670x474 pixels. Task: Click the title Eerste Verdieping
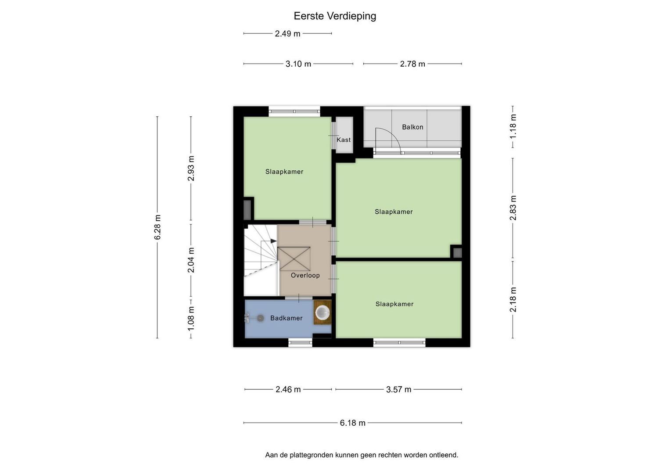(335, 16)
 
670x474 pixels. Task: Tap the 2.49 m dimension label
(287, 33)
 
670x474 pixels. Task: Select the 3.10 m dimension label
(298, 64)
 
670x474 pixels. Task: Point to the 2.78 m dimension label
(412, 64)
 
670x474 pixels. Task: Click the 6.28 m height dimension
(158, 227)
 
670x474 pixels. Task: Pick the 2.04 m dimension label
(191, 260)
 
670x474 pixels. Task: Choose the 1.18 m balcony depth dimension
(512, 126)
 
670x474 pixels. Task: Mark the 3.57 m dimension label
(398, 389)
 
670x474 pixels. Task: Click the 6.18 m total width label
(353, 423)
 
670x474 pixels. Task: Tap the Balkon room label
(412, 127)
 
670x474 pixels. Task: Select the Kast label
(344, 140)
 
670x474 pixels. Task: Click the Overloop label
(305, 275)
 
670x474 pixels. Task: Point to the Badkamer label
(286, 318)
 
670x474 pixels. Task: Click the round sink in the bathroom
(322, 312)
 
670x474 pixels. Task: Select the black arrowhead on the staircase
(273, 241)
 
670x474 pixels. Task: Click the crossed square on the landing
(294, 259)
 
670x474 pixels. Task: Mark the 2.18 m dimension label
(512, 299)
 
